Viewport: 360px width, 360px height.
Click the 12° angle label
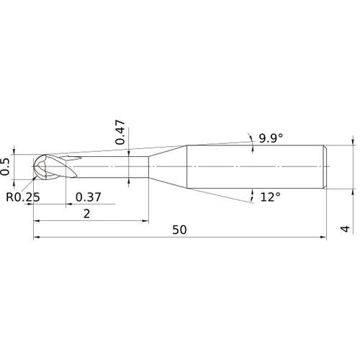point(271,197)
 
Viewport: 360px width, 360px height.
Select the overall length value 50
point(179,229)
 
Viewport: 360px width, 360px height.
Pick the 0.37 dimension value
point(89,197)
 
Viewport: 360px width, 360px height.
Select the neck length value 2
point(86,213)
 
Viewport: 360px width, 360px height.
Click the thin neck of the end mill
point(108,166)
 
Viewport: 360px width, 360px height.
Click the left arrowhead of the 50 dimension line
point(36,237)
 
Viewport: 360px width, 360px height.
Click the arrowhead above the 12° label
point(253,191)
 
